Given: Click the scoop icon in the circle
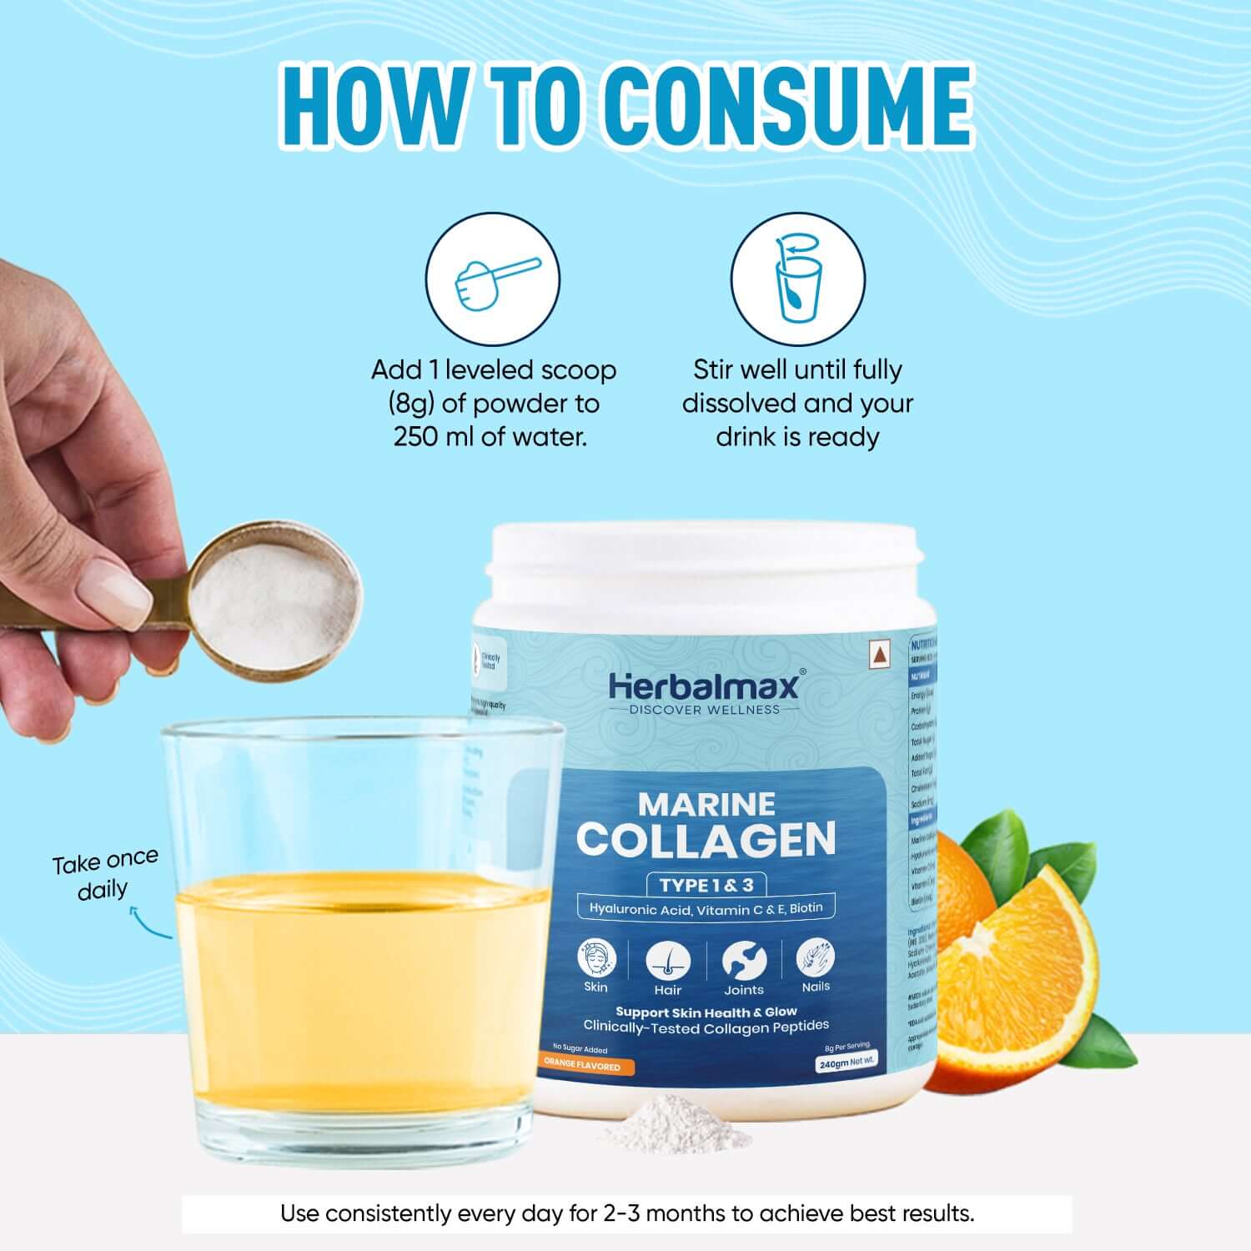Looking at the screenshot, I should tap(492, 280).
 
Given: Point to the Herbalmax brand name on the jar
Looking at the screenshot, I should tap(703, 686).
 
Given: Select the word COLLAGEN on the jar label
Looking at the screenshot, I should tap(706, 840).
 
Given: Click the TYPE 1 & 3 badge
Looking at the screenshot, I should tap(706, 885).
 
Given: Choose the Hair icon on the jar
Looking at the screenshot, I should tap(668, 962).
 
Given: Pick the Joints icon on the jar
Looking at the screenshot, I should tap(743, 960).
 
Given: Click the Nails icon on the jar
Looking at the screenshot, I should tap(815, 957).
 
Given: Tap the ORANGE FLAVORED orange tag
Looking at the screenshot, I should tap(584, 1066).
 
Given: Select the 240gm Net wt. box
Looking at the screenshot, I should tap(846, 1063).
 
